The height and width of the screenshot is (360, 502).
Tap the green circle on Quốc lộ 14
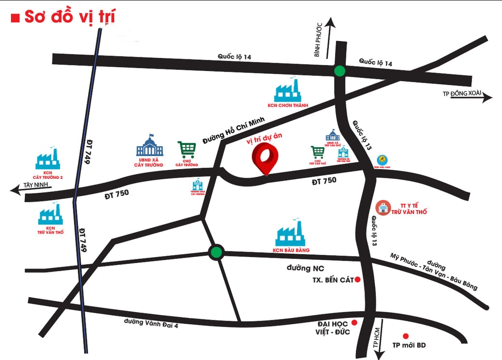(340, 71)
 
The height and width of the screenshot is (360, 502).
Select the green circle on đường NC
(216, 252)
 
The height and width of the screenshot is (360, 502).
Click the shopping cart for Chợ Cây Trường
(187, 149)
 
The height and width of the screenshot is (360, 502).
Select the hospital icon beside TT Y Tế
(383, 207)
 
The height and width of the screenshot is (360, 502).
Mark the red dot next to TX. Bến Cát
(358, 280)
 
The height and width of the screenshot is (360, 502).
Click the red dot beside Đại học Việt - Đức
(354, 323)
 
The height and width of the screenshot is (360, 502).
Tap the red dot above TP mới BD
(406, 336)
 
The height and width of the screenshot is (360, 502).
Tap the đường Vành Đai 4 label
(151, 323)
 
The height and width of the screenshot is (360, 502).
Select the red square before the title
(15, 19)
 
